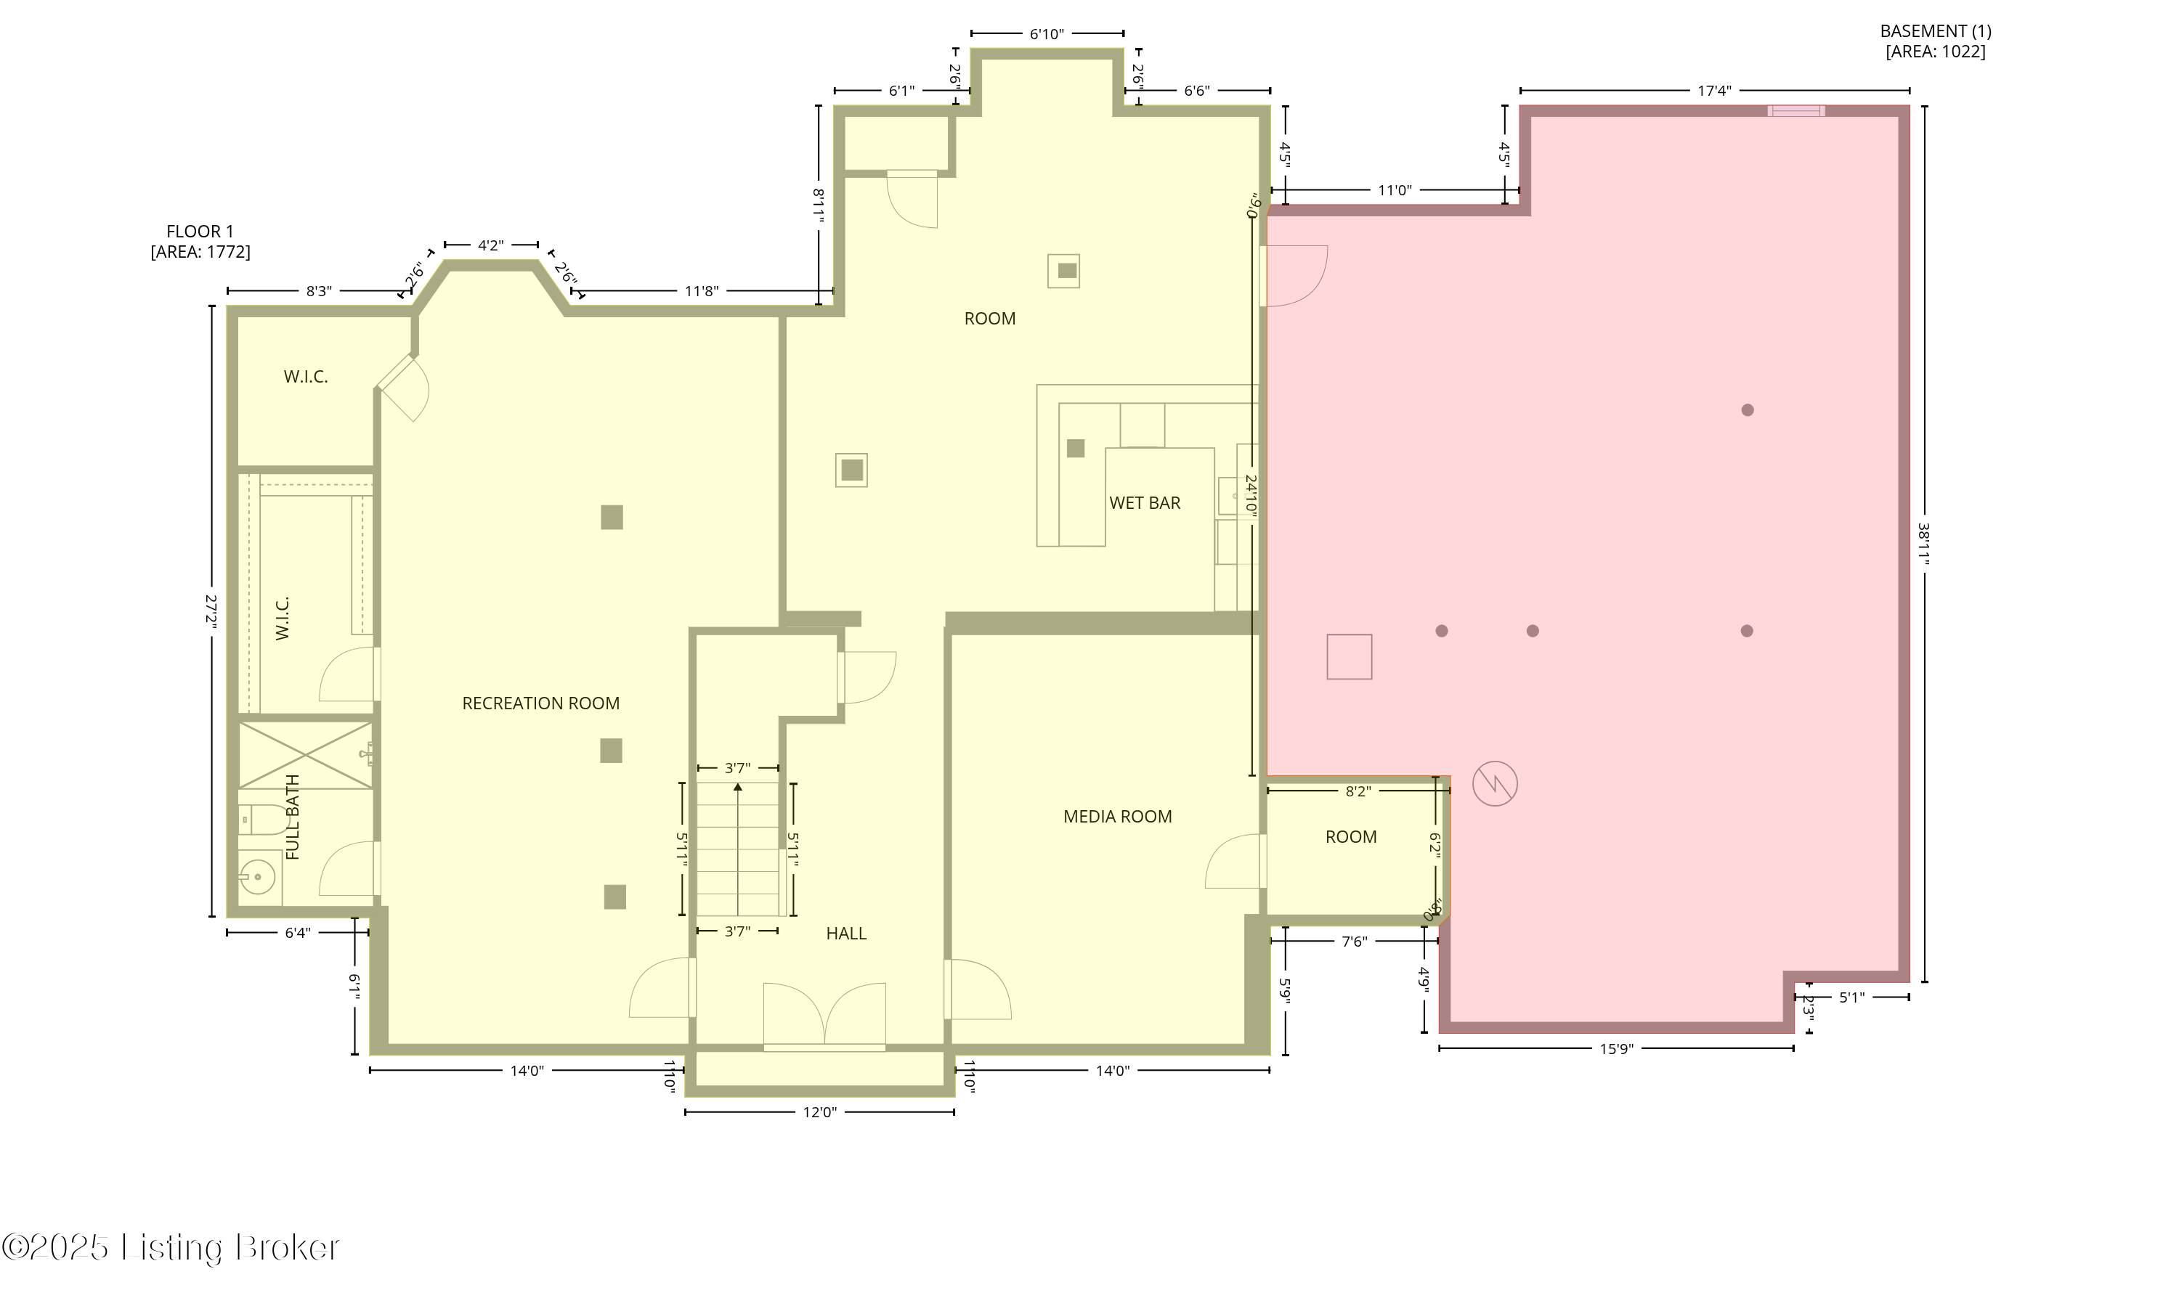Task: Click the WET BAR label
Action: coord(1144,503)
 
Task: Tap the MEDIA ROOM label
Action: coord(1117,817)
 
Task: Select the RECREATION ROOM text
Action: coord(540,703)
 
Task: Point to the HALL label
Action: coord(845,934)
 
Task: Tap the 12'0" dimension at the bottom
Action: coord(819,1112)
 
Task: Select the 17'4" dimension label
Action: coord(1714,91)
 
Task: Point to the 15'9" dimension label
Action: coord(1616,1049)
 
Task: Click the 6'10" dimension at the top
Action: coord(1047,34)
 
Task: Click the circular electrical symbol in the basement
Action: coord(1495,783)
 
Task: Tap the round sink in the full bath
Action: coord(256,876)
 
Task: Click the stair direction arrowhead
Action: coord(738,786)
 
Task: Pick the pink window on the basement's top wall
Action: coord(1796,111)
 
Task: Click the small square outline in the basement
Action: coord(1349,656)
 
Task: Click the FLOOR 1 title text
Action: coord(200,232)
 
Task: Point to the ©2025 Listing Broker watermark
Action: coord(171,1247)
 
